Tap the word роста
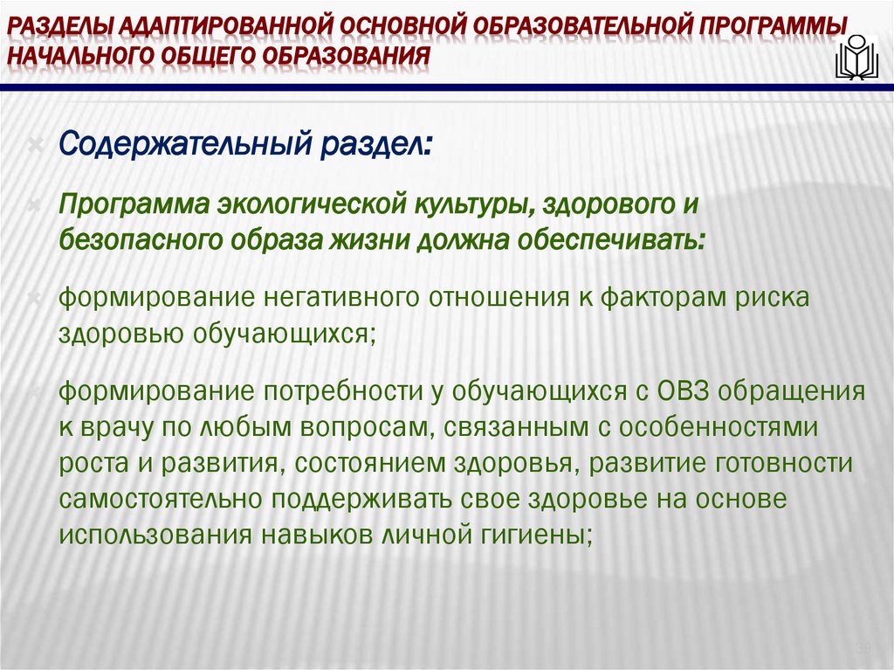click(x=91, y=463)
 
